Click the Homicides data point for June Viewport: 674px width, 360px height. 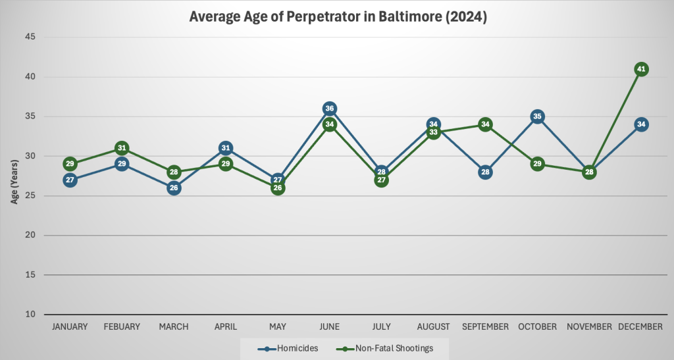click(x=330, y=109)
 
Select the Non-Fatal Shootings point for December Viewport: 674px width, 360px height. click(x=641, y=69)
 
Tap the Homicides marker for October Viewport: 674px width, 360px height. click(x=537, y=116)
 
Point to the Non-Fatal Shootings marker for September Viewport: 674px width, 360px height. click(x=485, y=124)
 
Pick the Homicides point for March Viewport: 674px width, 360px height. click(x=174, y=188)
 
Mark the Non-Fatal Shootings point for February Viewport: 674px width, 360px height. click(x=122, y=148)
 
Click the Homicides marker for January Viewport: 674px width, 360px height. click(x=70, y=180)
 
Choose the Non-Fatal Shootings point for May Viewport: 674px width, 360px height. click(x=278, y=188)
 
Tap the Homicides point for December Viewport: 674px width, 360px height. click(x=641, y=124)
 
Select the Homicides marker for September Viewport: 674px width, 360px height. click(x=485, y=172)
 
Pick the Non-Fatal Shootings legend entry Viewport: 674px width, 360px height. click(x=389, y=348)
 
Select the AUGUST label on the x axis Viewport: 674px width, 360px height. click(x=433, y=326)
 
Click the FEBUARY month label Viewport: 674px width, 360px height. click(x=122, y=326)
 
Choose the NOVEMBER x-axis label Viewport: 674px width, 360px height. click(x=589, y=326)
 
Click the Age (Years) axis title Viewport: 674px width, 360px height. click(x=14, y=176)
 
